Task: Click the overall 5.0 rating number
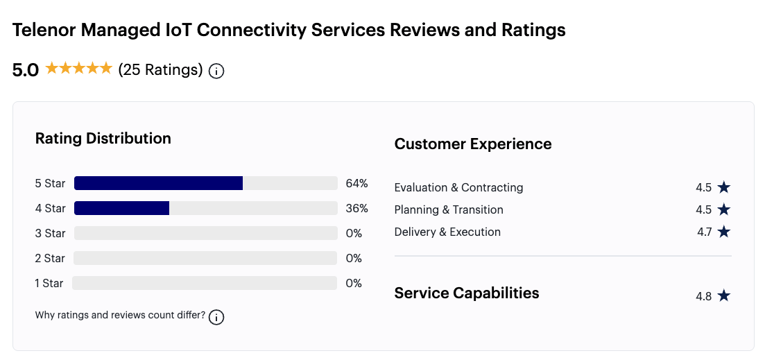coord(26,70)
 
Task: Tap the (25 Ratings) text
coord(160,70)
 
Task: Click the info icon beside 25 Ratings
coord(216,71)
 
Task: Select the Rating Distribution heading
coord(103,138)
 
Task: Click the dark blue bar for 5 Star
coord(158,183)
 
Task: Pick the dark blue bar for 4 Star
coord(121,208)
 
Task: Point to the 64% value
coord(356,183)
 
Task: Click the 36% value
coord(356,208)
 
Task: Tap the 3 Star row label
coord(50,233)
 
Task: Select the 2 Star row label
coord(50,258)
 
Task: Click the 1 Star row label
coord(49,283)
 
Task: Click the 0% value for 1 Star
coord(354,283)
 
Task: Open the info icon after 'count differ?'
coord(216,317)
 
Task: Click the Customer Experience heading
coord(473,144)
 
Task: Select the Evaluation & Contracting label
coord(458,187)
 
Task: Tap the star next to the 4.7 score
coord(724,232)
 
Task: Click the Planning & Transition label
coord(449,209)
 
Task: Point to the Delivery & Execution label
coord(447,232)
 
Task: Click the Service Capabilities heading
coord(466,293)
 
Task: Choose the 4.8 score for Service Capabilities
coord(703,296)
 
